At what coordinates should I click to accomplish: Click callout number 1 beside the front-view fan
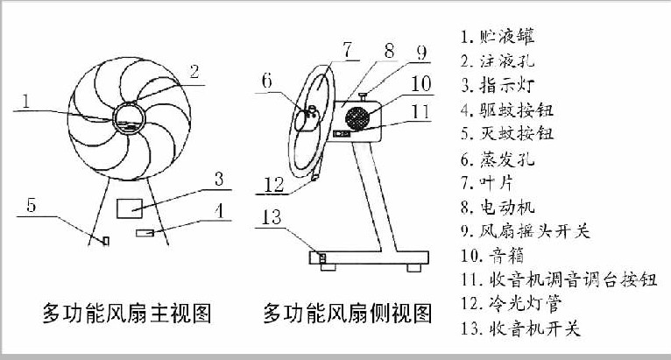[26, 102]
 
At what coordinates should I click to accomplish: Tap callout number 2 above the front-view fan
[194, 72]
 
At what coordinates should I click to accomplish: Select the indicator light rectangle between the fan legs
[130, 208]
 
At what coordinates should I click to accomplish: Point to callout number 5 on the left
[32, 206]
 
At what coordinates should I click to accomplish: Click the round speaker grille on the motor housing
[357, 118]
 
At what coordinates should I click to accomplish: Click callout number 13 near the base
[272, 216]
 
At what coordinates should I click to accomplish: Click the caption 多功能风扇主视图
[127, 314]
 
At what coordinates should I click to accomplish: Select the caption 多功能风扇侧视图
[348, 314]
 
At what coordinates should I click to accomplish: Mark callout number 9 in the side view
[422, 53]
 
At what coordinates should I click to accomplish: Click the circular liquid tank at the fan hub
[129, 119]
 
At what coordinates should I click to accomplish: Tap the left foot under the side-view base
[328, 267]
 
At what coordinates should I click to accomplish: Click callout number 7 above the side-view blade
[348, 50]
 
